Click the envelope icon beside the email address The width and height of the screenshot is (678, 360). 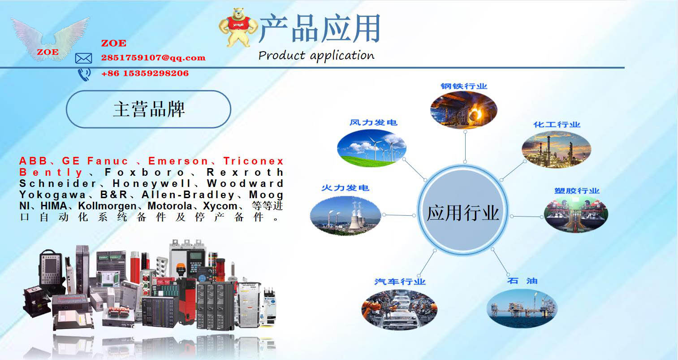click(83, 58)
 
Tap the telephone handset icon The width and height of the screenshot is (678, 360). click(84, 74)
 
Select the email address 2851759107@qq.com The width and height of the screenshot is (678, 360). click(153, 57)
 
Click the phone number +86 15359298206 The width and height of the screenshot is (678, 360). click(145, 73)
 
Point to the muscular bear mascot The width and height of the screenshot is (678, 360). click(238, 28)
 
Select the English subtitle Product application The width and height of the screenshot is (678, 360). click(316, 56)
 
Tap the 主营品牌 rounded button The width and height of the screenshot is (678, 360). click(149, 109)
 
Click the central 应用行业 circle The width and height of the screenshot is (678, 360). click(463, 210)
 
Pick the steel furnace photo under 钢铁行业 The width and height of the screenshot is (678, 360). click(463, 110)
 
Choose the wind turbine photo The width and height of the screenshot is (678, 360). click(371, 148)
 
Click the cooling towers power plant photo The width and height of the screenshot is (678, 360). click(345, 215)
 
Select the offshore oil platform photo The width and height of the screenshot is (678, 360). click(522, 308)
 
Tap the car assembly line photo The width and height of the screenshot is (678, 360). click(399, 310)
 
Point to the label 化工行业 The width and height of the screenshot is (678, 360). click(557, 125)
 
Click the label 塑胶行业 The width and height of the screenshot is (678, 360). click(577, 191)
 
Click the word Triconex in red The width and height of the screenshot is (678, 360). click(254, 161)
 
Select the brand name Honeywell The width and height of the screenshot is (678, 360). click(151, 183)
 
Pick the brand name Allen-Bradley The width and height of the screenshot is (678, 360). click(188, 195)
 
